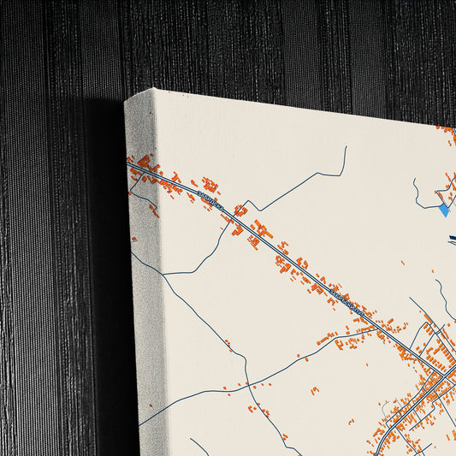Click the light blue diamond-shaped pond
point(443,209)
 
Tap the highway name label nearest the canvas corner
point(210,202)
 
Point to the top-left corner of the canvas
point(126,101)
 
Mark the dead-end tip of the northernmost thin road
point(346,147)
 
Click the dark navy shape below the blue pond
point(450,240)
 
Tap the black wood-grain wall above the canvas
point(257,43)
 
